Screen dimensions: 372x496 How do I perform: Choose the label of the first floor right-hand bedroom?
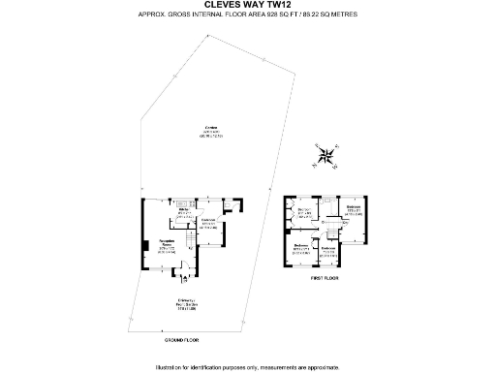(353, 209)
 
